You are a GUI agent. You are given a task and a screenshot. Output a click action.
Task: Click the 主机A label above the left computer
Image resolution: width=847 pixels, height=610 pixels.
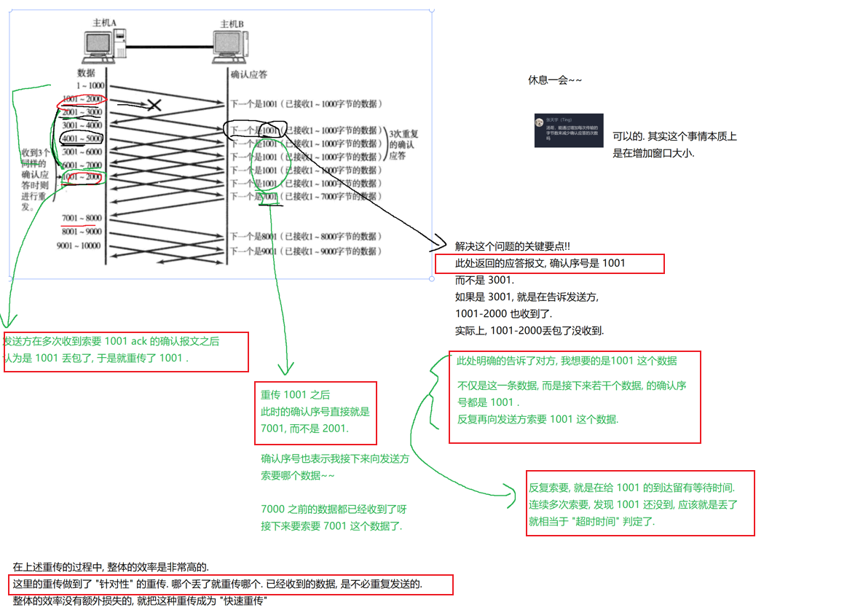[104, 23]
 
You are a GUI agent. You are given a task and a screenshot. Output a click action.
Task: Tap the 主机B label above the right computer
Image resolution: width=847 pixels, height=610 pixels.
[231, 24]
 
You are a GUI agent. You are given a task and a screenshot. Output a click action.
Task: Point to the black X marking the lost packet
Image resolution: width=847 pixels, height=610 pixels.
[154, 105]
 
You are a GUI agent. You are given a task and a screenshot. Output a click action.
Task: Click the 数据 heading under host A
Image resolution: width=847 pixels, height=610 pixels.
[86, 73]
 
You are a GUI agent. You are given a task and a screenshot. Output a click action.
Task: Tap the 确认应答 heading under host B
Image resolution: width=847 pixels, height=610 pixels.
[248, 74]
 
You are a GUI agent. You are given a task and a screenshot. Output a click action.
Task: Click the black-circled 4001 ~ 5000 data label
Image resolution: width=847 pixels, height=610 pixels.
[82, 138]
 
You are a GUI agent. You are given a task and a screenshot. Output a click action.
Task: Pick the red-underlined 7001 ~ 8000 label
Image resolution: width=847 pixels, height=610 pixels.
[82, 218]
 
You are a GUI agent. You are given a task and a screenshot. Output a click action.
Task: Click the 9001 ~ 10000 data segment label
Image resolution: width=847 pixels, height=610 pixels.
[79, 246]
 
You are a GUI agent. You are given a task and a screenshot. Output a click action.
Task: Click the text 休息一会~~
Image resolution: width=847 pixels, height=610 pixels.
[555, 79]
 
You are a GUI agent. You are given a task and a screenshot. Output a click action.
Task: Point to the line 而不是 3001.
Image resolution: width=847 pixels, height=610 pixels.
[484, 280]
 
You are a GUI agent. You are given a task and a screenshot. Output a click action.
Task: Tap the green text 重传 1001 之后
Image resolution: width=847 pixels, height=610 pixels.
[296, 395]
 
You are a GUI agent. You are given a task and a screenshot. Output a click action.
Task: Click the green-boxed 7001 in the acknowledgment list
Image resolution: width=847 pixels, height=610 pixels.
[269, 197]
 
